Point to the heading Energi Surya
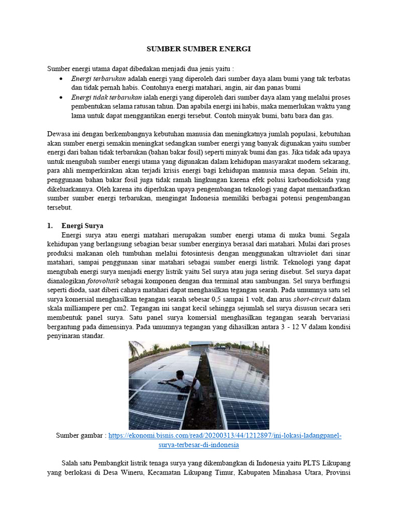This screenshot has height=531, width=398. click(82, 226)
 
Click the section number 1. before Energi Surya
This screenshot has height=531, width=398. click(50, 226)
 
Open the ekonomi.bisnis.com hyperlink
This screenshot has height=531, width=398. click(225, 436)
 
